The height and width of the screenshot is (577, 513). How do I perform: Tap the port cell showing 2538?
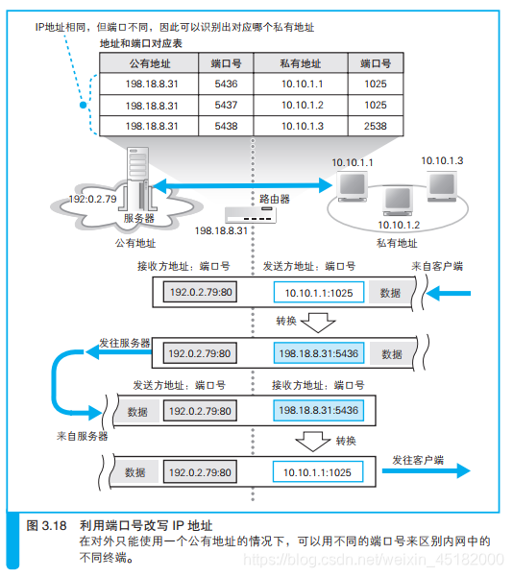(x=377, y=126)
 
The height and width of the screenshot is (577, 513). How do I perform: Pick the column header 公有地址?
(x=151, y=63)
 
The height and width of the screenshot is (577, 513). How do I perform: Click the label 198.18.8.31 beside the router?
(x=221, y=231)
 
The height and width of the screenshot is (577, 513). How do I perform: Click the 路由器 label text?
(x=275, y=199)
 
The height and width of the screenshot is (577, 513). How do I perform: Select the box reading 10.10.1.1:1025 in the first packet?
(x=318, y=294)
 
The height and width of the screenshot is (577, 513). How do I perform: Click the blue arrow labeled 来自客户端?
(x=451, y=294)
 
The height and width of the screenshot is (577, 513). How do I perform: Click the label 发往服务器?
(x=123, y=343)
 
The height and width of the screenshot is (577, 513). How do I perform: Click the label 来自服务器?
(x=82, y=436)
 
